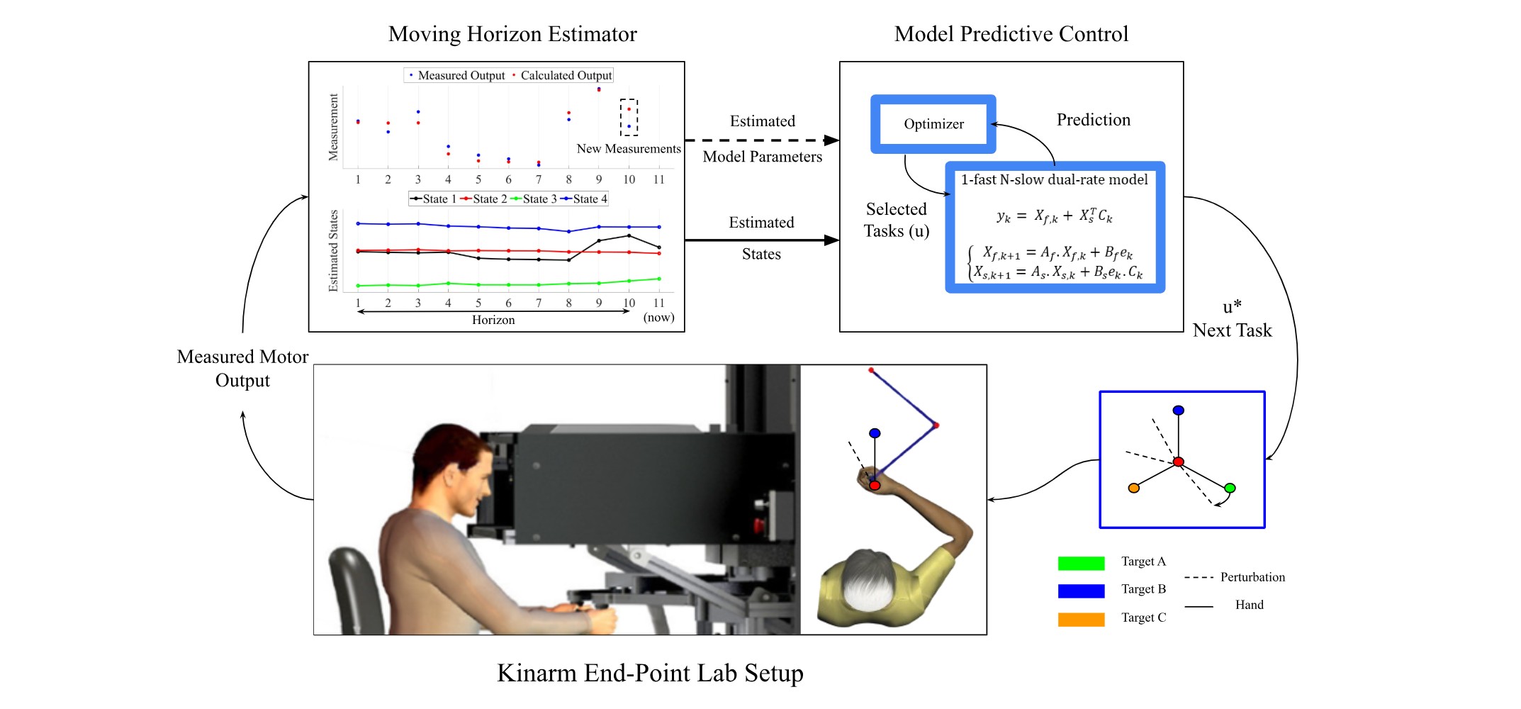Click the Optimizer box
[933, 124]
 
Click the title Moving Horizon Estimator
[512, 34]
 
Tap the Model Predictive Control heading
[1011, 34]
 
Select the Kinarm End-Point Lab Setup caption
[650, 673]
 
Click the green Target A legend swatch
[1081, 564]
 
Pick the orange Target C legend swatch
[1081, 620]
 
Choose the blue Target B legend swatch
[1081, 591]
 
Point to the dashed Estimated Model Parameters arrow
[762, 140]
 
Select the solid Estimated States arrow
[762, 240]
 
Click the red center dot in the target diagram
[1178, 462]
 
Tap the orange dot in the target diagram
[1134, 488]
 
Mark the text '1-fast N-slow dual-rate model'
[1054, 180]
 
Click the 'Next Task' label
[1232, 330]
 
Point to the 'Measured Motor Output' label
[242, 369]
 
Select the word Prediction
[1094, 120]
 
